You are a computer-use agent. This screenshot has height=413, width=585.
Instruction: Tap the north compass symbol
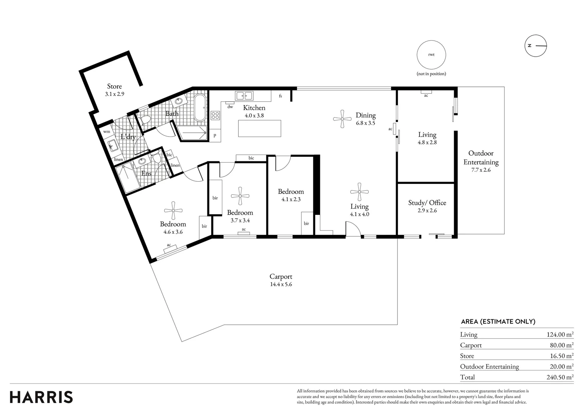click(x=536, y=46)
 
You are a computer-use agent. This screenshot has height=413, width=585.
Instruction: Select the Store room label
click(x=114, y=86)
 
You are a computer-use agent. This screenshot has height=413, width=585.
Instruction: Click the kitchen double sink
click(x=244, y=96)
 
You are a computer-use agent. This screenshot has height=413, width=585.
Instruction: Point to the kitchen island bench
click(x=259, y=128)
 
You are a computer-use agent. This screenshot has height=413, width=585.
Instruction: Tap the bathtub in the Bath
click(x=200, y=107)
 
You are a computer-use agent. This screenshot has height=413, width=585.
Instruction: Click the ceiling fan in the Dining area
click(x=342, y=119)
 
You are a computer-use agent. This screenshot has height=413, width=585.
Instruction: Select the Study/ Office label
click(x=427, y=203)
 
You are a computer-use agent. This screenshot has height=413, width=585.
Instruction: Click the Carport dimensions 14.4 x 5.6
click(x=281, y=284)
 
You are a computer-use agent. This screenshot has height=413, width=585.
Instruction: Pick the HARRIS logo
click(x=41, y=397)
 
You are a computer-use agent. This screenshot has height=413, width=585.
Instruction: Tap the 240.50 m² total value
click(x=560, y=377)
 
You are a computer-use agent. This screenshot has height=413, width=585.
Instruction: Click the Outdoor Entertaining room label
click(x=481, y=158)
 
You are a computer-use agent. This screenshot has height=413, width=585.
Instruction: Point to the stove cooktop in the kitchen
click(x=215, y=115)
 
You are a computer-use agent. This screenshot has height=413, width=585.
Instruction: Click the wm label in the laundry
click(x=106, y=132)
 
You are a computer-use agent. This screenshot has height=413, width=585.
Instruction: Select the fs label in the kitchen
click(x=280, y=96)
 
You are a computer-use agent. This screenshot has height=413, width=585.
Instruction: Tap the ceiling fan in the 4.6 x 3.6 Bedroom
click(x=173, y=210)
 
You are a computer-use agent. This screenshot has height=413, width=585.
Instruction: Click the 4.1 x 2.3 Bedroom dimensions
click(x=291, y=200)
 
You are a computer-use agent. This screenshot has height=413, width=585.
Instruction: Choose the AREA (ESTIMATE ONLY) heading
click(x=498, y=322)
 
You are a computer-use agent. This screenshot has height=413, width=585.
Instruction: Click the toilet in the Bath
click(x=144, y=120)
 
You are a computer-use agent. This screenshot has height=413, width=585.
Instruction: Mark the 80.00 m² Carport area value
click(x=562, y=345)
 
